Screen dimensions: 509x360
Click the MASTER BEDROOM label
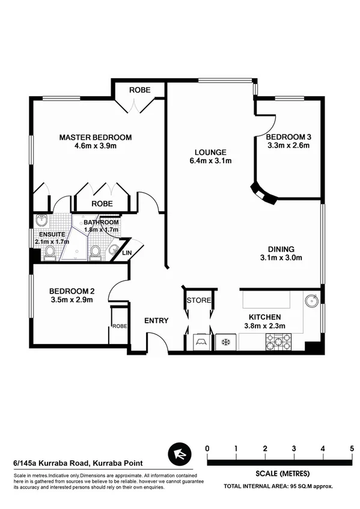pos(95,137)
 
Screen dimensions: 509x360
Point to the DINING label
pos(281,249)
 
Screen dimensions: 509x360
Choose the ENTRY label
pos(156,321)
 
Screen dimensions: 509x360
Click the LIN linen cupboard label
pos(126,253)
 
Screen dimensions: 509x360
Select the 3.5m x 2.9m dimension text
pos(71,300)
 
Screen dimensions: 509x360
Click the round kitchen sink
pos(312,301)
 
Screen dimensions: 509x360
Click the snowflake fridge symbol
pos(227,342)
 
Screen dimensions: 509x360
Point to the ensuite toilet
pos(50,251)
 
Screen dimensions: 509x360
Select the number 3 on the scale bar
pos(294,448)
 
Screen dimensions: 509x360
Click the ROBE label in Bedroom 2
pos(118,327)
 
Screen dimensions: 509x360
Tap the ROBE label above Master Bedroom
pos(139,91)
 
